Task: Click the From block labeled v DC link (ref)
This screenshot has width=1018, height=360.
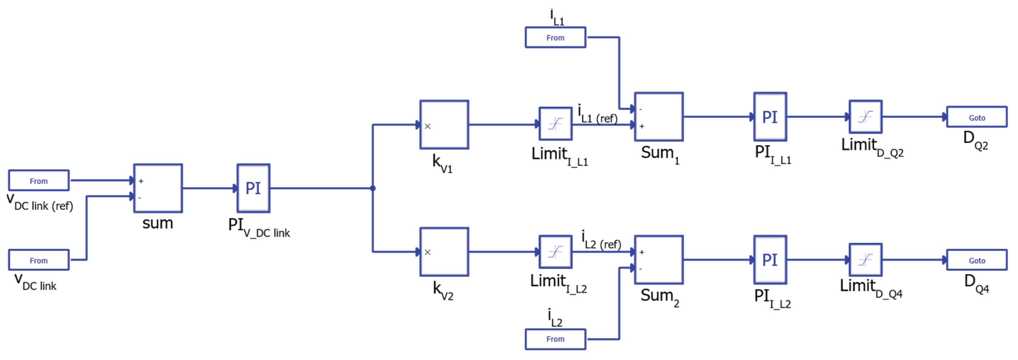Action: tap(39, 180)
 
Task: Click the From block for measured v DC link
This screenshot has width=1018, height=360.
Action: tap(39, 260)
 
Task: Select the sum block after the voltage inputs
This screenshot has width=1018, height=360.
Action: tap(158, 188)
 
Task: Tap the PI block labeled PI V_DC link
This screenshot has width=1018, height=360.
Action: tap(253, 188)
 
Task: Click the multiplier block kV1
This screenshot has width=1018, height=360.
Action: tap(444, 125)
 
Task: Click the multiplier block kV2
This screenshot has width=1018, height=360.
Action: tap(444, 252)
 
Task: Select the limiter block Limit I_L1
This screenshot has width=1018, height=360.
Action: tap(556, 124)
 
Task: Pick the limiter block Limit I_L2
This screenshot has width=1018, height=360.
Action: tap(556, 252)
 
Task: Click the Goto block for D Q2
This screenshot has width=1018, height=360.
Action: tap(976, 117)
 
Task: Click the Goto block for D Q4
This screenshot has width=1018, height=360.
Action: tap(976, 260)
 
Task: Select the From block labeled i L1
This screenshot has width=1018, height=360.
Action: tap(555, 37)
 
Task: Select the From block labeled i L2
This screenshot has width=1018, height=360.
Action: tap(555, 340)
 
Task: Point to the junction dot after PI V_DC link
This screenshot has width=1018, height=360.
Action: tap(373, 188)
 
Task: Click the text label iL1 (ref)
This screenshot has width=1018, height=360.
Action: tap(598, 114)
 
